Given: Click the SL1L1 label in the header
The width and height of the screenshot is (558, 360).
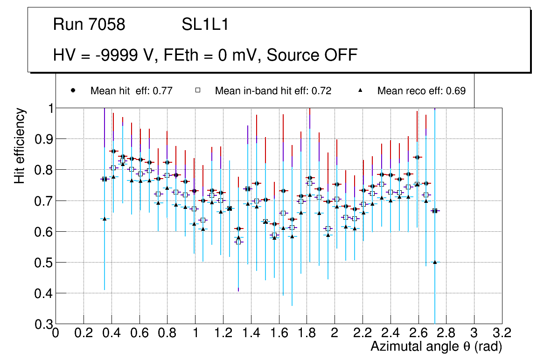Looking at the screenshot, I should [205, 25].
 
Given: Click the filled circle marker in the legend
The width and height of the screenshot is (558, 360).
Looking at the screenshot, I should [73, 90].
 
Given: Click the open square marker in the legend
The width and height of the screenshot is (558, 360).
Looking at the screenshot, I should [198, 90].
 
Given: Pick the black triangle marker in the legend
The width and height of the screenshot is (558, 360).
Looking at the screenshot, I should [361, 90].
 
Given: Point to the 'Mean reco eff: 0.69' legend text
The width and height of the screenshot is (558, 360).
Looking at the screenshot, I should [421, 91].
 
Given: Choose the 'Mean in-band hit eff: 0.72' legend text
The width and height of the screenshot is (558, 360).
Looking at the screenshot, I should [273, 91].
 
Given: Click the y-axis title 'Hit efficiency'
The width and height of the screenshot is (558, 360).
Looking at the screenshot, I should [20, 145].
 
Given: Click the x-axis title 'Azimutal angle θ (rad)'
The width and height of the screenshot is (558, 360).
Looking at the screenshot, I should [436, 346].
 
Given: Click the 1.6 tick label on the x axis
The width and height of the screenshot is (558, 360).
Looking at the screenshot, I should [279, 333].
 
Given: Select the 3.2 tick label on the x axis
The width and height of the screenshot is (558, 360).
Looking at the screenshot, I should [502, 333].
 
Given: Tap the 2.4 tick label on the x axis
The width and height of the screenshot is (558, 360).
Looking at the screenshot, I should [390, 333].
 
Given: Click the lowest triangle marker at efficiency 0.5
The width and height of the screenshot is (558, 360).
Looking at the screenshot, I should [435, 262].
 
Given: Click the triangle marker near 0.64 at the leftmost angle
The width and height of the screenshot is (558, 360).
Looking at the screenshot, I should [105, 219].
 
